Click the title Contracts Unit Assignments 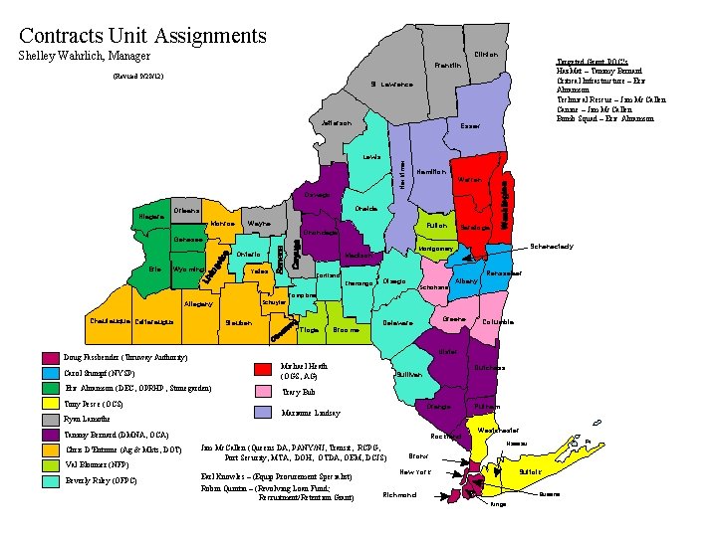(143, 36)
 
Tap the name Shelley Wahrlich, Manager (85, 57)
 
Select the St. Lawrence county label (390, 84)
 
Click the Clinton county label (486, 54)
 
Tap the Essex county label (470, 126)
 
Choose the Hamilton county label (431, 171)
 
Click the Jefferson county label (337, 123)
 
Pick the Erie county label (153, 268)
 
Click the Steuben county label (238, 322)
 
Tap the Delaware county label (397, 322)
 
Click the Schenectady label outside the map (552, 246)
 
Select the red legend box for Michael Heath (262, 371)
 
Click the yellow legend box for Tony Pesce (50, 403)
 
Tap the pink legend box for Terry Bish (262, 392)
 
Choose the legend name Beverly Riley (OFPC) (101, 481)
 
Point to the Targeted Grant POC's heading (594, 60)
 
